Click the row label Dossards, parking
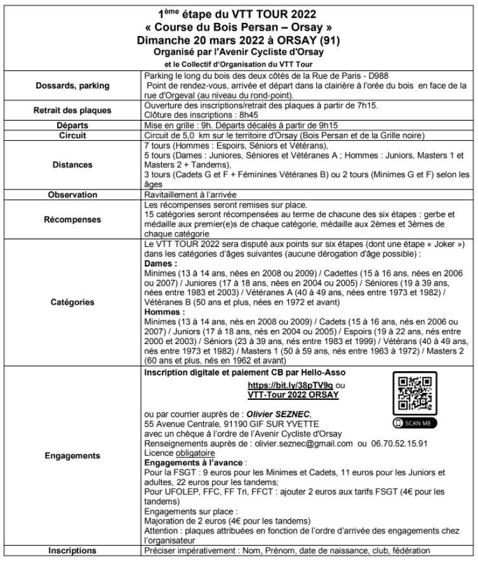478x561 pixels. point(72,86)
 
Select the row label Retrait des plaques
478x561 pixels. point(72,110)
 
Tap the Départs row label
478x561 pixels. point(72,126)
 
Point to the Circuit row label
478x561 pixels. point(72,135)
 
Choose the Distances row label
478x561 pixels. point(72,164)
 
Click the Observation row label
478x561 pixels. point(72,195)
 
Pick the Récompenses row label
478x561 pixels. point(72,220)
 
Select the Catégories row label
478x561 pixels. point(72,303)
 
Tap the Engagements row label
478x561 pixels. point(72,456)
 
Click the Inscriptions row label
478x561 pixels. point(72,550)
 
